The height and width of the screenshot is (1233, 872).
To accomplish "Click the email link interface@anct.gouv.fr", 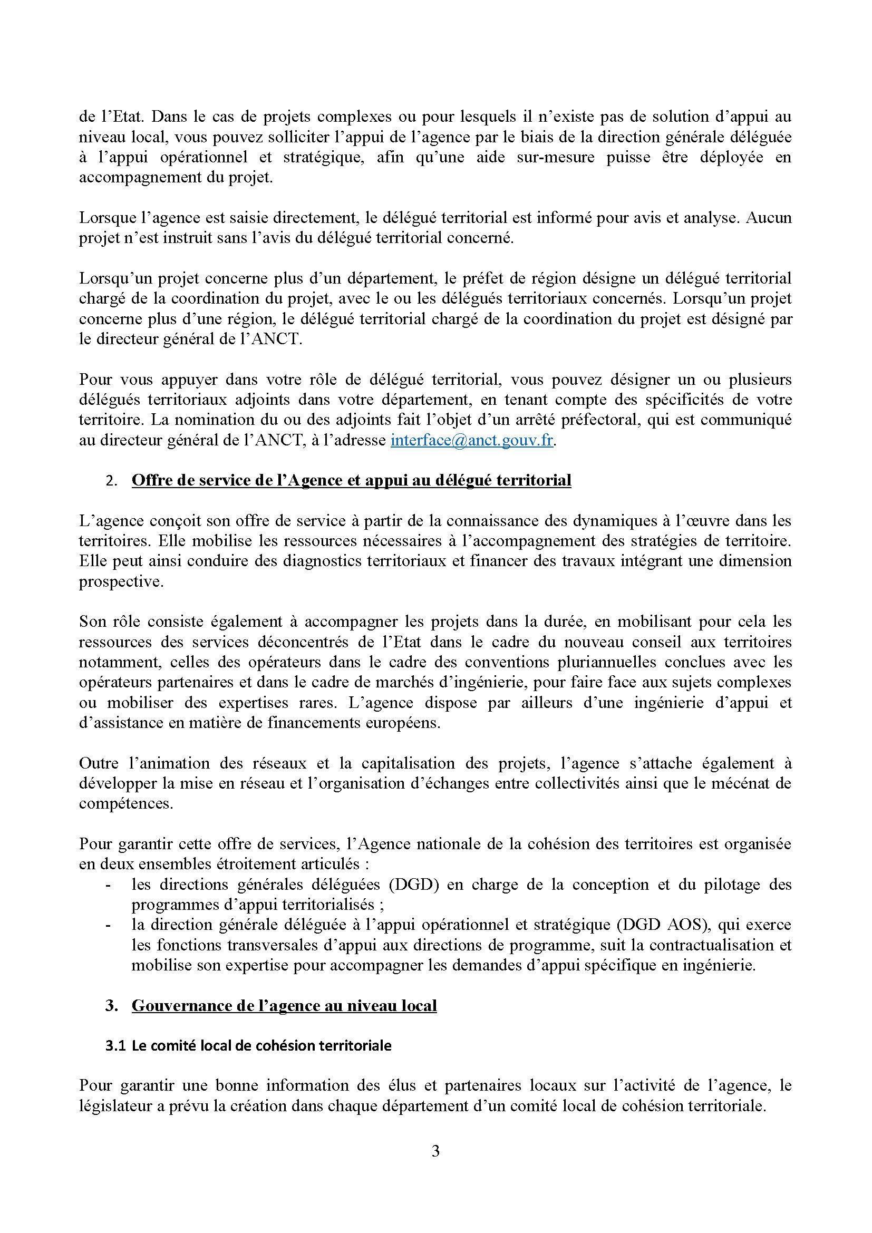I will [471, 440].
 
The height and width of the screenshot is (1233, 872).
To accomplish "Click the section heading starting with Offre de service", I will [351, 480].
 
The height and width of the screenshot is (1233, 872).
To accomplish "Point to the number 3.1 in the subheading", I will [115, 1045].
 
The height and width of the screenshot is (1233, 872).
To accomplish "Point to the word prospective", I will [121, 581].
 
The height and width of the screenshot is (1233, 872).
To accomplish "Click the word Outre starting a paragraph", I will [98, 763].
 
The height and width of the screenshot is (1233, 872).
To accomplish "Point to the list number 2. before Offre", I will [111, 481].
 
